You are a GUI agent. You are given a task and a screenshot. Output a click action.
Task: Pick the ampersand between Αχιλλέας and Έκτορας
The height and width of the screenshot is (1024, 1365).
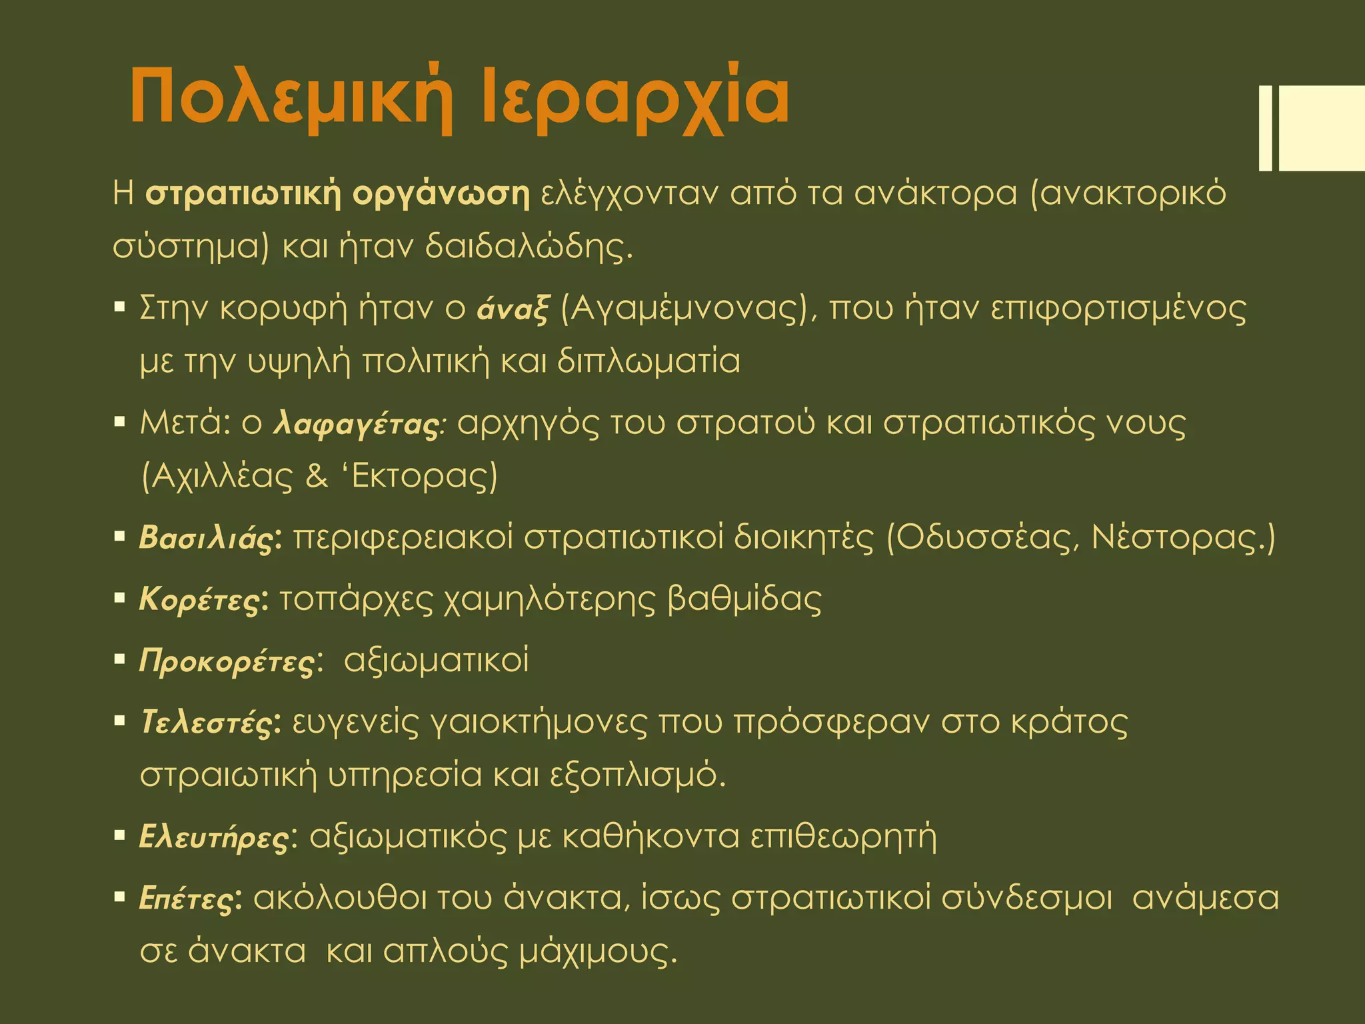tap(317, 476)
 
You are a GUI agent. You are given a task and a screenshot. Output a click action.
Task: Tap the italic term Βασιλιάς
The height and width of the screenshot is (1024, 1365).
tap(207, 539)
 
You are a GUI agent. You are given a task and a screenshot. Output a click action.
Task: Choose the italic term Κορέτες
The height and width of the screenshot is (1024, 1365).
tap(199, 600)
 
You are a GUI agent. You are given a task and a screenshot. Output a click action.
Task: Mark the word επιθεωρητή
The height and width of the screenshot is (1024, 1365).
tap(843, 837)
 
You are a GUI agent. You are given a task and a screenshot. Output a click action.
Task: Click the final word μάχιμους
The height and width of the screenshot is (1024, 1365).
tap(593, 952)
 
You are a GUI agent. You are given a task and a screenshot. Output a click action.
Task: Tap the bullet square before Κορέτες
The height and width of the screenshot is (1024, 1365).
tap(120, 598)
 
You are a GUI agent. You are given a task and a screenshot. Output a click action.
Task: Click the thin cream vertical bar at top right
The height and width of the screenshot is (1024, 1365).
tap(1265, 128)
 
